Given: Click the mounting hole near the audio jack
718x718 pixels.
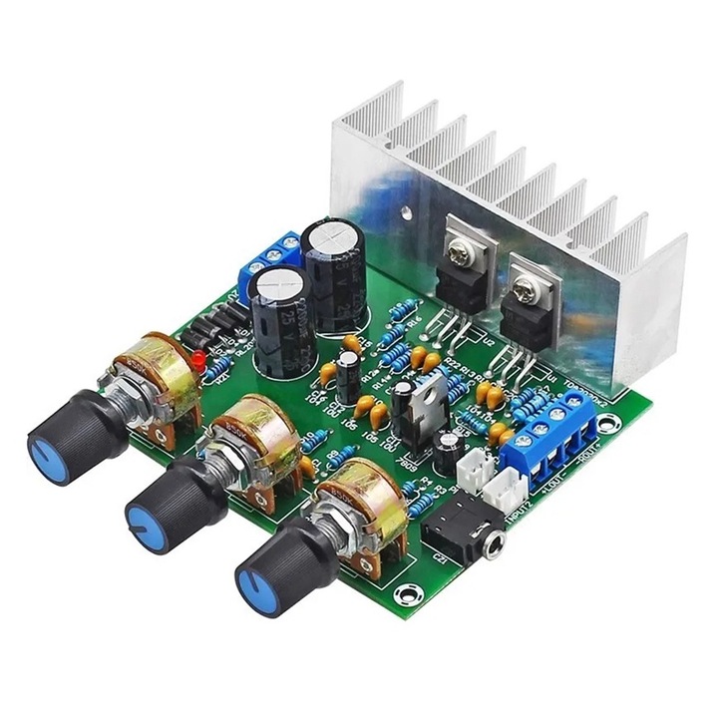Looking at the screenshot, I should (407, 595).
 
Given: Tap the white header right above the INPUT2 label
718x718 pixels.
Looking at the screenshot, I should (509, 487).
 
